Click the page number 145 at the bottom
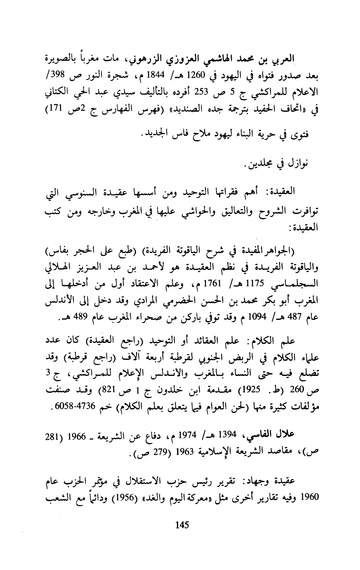point(182,525)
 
